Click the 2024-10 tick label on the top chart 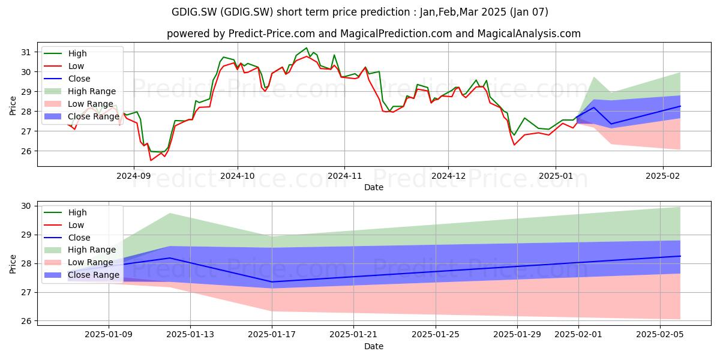tap(238, 176)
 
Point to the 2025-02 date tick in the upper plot tap(663, 176)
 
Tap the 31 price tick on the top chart tap(26, 52)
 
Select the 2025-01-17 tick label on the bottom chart tap(272, 335)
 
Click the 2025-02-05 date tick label tap(660, 335)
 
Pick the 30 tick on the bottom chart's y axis tap(26, 206)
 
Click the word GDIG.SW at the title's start tap(194, 12)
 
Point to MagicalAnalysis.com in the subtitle tap(529, 34)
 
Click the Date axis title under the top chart tap(373, 187)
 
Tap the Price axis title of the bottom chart tap(13, 264)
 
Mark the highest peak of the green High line tap(307, 48)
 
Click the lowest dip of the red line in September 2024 tap(151, 160)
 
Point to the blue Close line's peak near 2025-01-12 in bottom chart tap(169, 258)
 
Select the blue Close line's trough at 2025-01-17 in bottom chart tap(272, 282)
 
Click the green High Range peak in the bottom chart tap(169, 214)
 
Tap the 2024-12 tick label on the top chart tap(448, 176)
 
